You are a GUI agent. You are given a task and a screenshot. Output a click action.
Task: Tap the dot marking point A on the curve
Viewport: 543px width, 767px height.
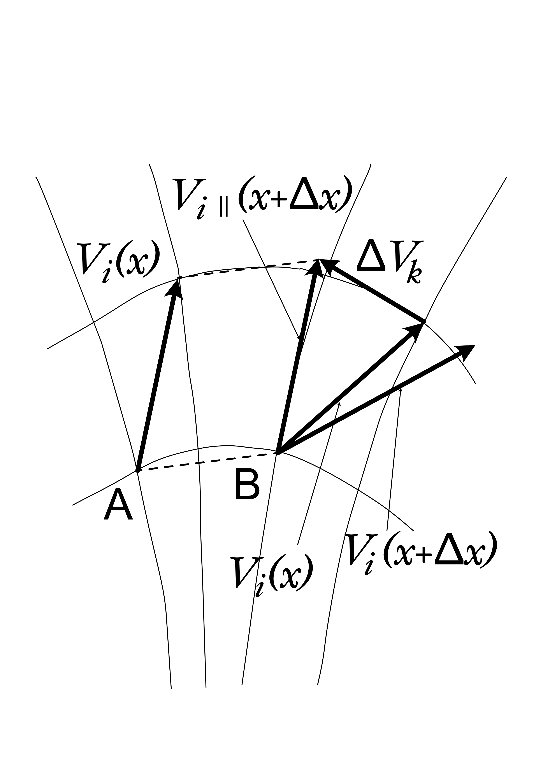click(137, 471)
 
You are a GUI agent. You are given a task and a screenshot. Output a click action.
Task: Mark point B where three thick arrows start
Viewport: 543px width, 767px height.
click(278, 453)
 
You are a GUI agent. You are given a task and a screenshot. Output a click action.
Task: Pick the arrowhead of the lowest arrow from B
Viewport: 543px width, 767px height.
click(466, 352)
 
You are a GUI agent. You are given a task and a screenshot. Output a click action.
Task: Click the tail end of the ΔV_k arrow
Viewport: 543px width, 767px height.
click(424, 321)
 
